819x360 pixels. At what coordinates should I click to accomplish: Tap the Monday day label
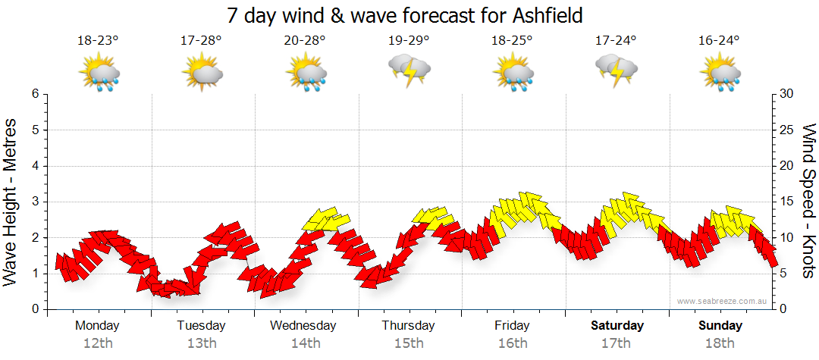click(97, 325)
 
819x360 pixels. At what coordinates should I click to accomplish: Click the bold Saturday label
click(617, 325)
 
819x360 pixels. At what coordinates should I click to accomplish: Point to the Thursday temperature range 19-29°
click(409, 40)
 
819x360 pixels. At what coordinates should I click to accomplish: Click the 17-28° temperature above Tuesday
click(201, 40)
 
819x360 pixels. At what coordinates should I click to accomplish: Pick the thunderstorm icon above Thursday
click(409, 71)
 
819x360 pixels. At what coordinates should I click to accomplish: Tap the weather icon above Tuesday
click(202, 74)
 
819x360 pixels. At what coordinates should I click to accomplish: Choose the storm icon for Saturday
click(617, 71)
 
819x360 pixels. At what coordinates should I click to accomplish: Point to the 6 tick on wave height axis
click(34, 94)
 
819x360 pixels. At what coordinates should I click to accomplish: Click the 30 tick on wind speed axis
click(787, 94)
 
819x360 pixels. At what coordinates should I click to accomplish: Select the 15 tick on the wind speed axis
click(787, 202)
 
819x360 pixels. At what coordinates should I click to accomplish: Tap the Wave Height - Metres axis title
click(11, 202)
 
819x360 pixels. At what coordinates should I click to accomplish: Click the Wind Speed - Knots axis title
click(808, 202)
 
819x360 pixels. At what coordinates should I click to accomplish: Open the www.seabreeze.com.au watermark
click(723, 301)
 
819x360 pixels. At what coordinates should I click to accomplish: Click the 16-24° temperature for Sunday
click(719, 40)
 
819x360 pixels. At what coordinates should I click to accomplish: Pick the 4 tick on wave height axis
click(34, 166)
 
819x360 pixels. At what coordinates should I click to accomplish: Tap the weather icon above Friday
click(513, 74)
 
